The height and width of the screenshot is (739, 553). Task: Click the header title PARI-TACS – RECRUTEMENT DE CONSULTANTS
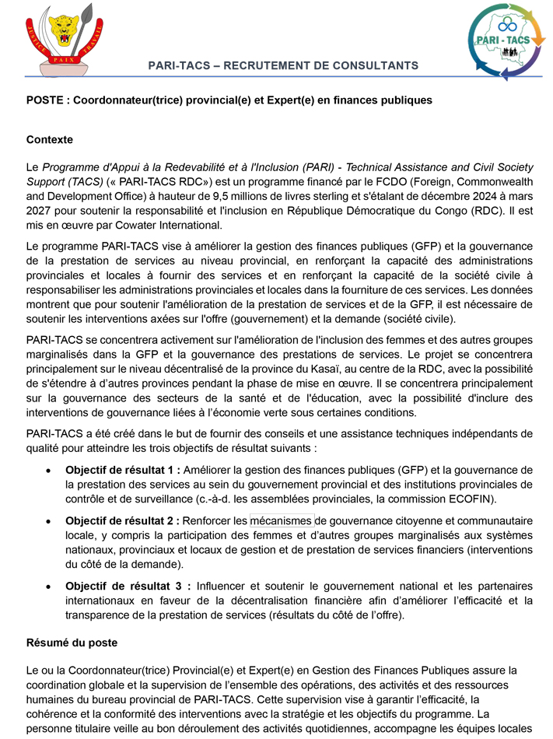coord(283,66)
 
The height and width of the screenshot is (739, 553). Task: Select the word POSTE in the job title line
coord(44,100)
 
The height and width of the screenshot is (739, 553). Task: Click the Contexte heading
coord(50,140)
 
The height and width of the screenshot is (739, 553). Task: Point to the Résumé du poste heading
coord(72,643)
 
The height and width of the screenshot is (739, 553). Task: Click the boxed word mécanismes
coord(282,520)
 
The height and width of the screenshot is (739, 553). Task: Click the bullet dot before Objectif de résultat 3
coord(49,587)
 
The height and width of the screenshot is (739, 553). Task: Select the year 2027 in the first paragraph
coord(39,211)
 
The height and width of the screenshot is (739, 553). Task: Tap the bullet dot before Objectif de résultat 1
coord(49,471)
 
